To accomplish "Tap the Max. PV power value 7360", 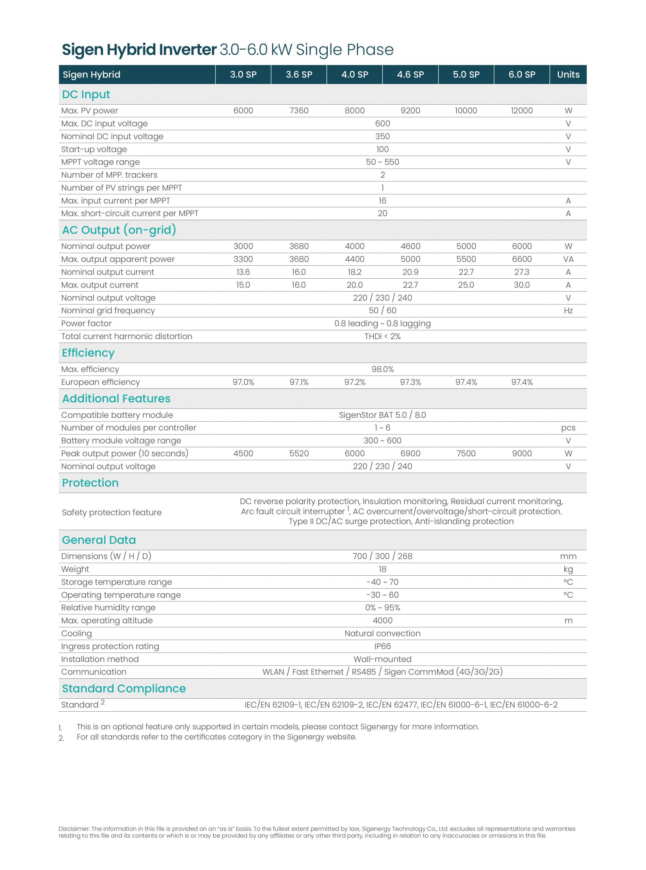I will click(x=299, y=110).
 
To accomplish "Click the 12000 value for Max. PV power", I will click(x=522, y=110).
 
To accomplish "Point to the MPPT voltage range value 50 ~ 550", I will click(x=382, y=162).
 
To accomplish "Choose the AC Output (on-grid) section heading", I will click(x=119, y=230).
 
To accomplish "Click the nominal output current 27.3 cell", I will click(x=522, y=272).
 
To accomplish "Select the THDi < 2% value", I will click(x=382, y=336).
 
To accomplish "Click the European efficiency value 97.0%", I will click(x=243, y=382).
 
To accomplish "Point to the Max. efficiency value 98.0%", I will click(x=382, y=369).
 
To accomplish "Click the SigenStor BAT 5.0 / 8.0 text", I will click(x=382, y=415).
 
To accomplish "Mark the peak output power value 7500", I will click(x=466, y=453).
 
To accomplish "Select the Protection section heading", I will click(x=90, y=483).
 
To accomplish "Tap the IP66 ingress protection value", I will click(x=382, y=646).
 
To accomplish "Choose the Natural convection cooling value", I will click(x=382, y=633).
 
